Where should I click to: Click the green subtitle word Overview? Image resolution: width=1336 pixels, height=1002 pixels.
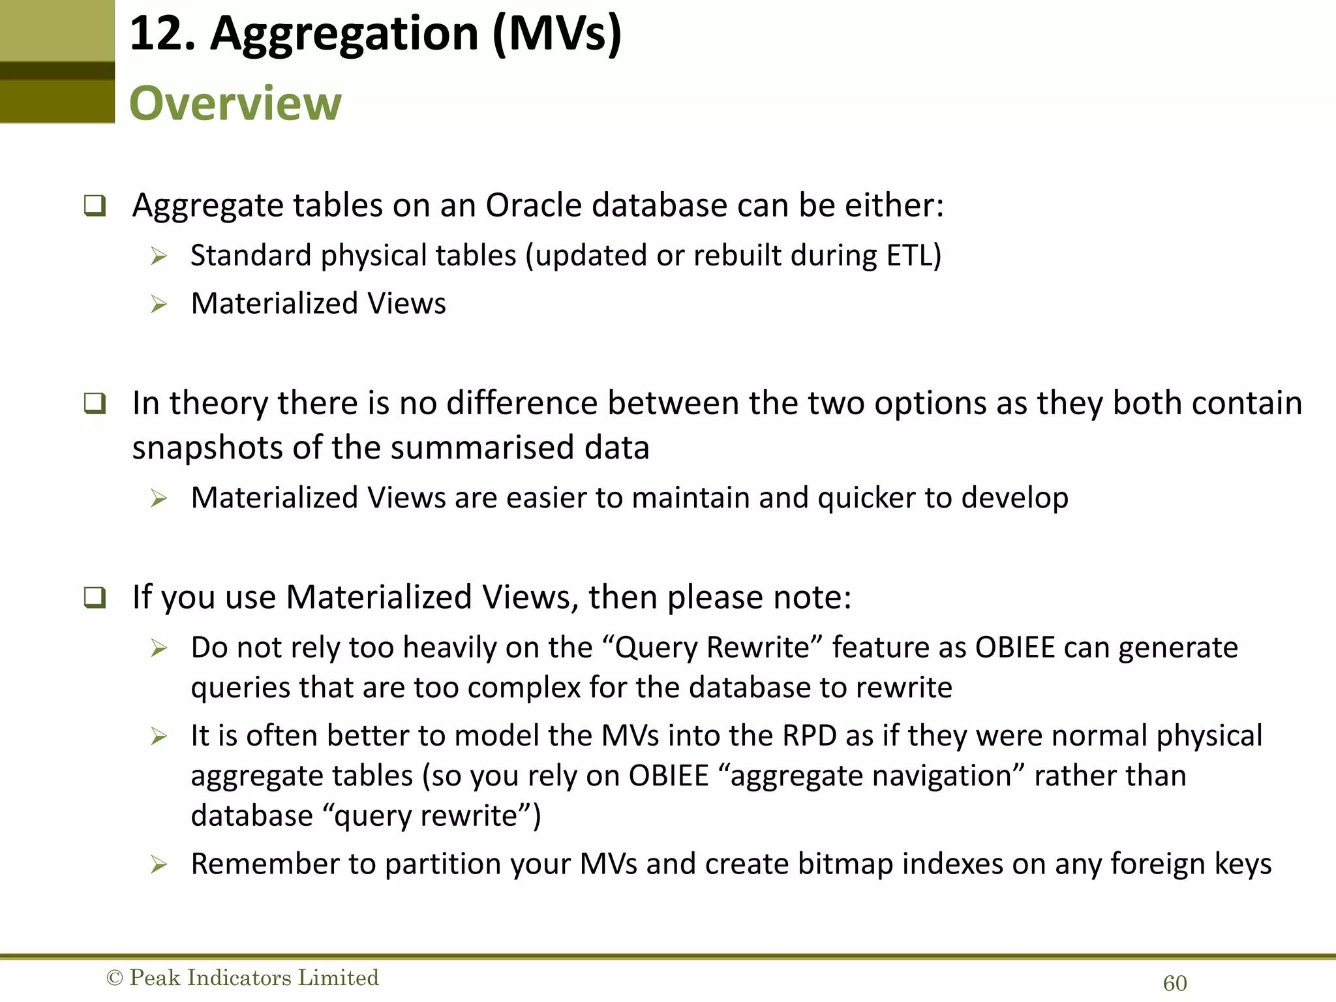pyautogui.click(x=235, y=103)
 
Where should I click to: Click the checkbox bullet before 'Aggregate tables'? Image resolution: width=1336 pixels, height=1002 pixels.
pyautogui.click(x=95, y=206)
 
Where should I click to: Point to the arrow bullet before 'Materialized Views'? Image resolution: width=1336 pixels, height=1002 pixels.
pyautogui.click(x=159, y=304)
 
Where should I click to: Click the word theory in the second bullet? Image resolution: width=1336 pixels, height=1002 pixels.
pyautogui.click(x=218, y=403)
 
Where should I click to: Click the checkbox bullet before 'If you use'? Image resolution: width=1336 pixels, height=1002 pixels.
pyautogui.click(x=95, y=598)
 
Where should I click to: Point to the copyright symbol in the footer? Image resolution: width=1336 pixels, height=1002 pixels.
pyautogui.click(x=114, y=978)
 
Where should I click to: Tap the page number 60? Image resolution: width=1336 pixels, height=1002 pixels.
pyautogui.click(x=1175, y=983)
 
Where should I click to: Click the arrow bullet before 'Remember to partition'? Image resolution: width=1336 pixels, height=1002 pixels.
pyautogui.click(x=159, y=865)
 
